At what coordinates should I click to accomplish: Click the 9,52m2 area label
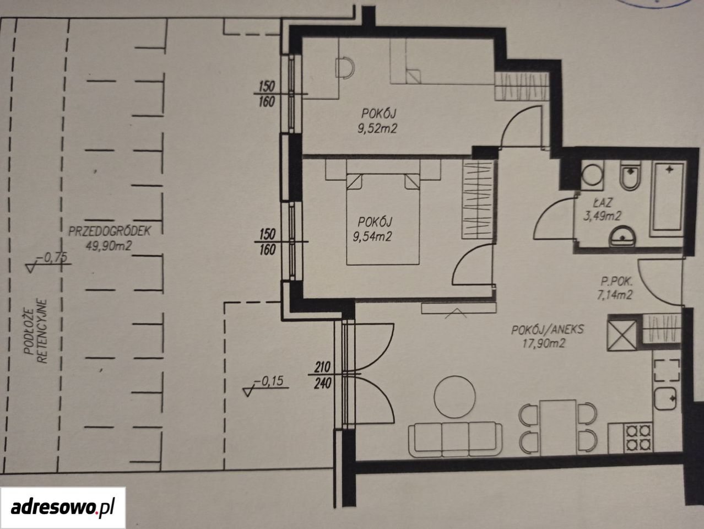click(x=377, y=129)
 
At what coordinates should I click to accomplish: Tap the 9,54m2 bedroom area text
click(x=372, y=237)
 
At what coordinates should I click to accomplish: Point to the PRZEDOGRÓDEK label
click(x=110, y=231)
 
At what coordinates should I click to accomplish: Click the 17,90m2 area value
click(x=544, y=344)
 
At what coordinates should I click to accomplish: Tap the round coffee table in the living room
click(x=455, y=397)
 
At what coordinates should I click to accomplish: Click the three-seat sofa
click(x=456, y=439)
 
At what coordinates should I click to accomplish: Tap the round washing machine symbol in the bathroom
click(x=592, y=175)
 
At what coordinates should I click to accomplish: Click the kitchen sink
click(x=665, y=398)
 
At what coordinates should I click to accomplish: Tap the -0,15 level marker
click(x=266, y=385)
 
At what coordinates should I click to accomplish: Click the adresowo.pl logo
click(x=63, y=508)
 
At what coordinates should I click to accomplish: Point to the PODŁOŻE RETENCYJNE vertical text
click(x=36, y=331)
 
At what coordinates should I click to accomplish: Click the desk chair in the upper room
click(x=345, y=68)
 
